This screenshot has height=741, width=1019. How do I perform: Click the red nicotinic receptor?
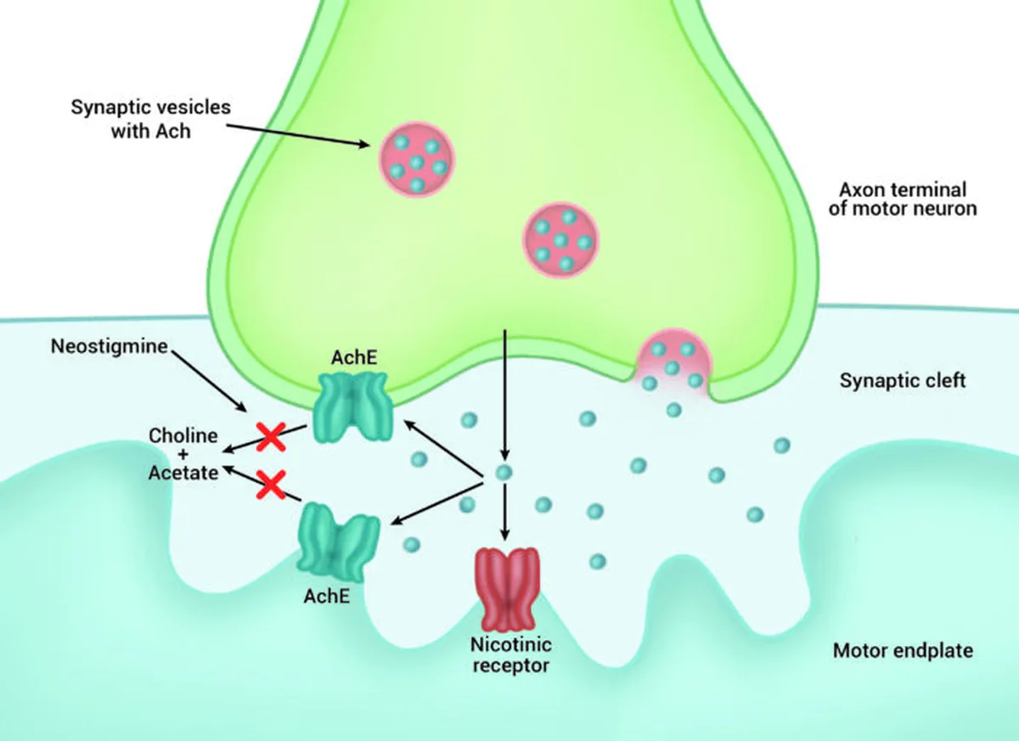507,590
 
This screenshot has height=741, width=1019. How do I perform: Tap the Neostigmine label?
110,346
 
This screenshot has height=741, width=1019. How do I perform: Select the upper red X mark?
271,437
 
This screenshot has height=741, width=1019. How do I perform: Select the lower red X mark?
271,485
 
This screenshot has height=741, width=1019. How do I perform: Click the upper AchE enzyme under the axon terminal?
353,407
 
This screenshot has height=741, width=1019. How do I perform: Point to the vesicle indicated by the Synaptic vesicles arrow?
417,159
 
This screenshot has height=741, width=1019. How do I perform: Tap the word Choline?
183,435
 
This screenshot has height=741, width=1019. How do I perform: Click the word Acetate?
183,473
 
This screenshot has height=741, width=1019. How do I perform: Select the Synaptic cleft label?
903,380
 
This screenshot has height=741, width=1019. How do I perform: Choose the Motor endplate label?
903,650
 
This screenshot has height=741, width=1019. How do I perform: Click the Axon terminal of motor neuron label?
903,199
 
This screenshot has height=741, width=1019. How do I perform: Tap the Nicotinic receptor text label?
510,655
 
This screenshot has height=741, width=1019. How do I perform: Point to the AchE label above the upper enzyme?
354,357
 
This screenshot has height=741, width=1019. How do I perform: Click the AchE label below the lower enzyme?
327,596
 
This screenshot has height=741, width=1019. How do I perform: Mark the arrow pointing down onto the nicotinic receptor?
504,512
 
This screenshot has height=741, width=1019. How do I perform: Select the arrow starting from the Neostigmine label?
209,381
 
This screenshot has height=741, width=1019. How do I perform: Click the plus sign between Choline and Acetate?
183,454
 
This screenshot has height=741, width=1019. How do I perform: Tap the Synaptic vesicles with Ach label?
150,119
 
